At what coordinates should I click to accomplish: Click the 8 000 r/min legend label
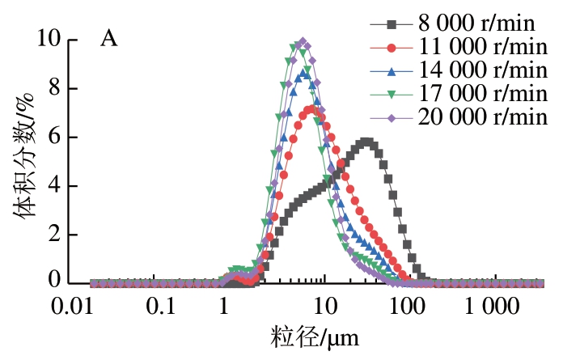(476, 23)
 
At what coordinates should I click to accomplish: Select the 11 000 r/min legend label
(483, 47)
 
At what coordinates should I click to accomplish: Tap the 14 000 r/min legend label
(483, 70)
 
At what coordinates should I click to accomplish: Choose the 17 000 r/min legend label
(483, 94)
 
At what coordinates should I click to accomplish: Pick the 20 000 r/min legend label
(483, 117)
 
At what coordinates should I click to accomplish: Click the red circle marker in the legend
(392, 48)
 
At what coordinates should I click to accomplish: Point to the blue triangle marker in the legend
(392, 71)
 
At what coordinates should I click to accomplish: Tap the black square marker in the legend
(392, 25)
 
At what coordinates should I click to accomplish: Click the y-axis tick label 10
(49, 38)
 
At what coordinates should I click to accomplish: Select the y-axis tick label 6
(55, 137)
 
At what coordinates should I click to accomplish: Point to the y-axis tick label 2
(55, 234)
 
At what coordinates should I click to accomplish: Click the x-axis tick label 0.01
(72, 307)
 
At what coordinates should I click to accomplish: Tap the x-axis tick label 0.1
(161, 307)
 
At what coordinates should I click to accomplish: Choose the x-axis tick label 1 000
(492, 307)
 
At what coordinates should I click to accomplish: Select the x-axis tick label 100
(407, 307)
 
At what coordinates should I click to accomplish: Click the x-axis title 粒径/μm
(315, 337)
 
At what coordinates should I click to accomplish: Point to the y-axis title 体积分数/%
(24, 157)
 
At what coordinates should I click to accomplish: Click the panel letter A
(109, 39)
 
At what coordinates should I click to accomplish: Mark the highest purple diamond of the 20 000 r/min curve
(303, 41)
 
